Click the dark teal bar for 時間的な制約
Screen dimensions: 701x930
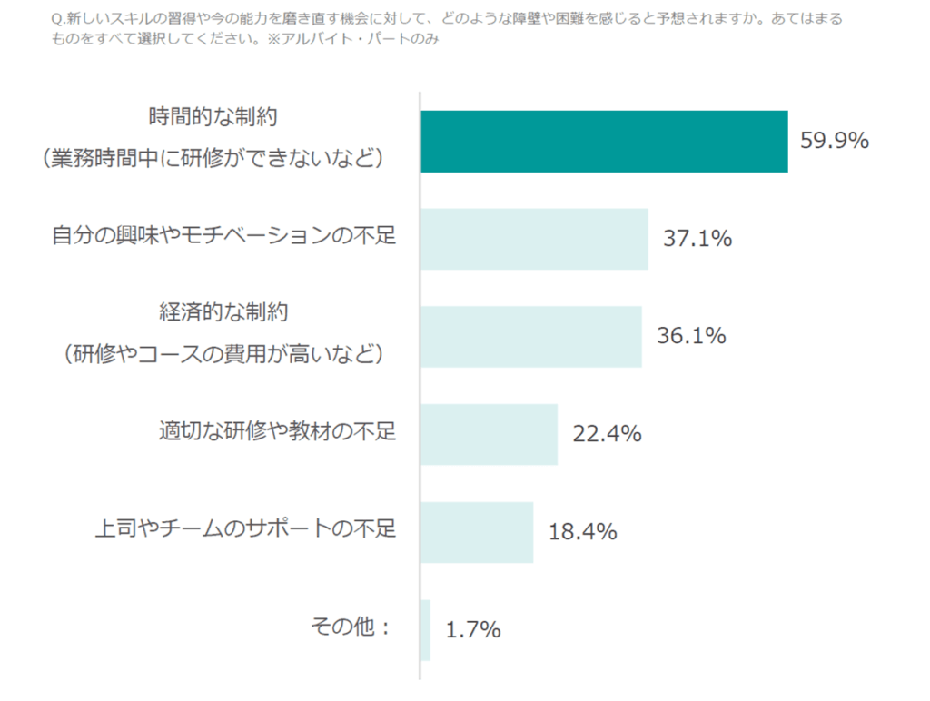click(x=604, y=142)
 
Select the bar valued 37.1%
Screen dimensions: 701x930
click(x=534, y=239)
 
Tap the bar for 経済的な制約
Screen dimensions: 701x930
click(x=531, y=337)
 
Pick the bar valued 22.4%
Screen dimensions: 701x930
click(x=489, y=434)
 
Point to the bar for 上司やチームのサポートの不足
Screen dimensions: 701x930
click(x=477, y=532)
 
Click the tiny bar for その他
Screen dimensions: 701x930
click(x=426, y=629)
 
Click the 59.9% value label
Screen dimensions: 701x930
click(x=835, y=141)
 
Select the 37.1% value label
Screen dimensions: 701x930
click(x=697, y=239)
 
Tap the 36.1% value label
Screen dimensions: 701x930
click(x=691, y=336)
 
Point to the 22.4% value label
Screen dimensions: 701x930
click(x=607, y=434)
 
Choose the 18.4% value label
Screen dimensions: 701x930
click(x=582, y=531)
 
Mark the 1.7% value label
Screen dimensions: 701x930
click(x=472, y=629)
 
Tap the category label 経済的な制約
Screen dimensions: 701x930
click(x=223, y=312)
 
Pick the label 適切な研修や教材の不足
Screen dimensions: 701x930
click(x=277, y=431)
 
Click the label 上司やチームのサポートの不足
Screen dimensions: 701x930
click(x=246, y=528)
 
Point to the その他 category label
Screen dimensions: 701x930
click(x=351, y=627)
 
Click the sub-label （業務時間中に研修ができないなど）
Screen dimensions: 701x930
click(x=214, y=159)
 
